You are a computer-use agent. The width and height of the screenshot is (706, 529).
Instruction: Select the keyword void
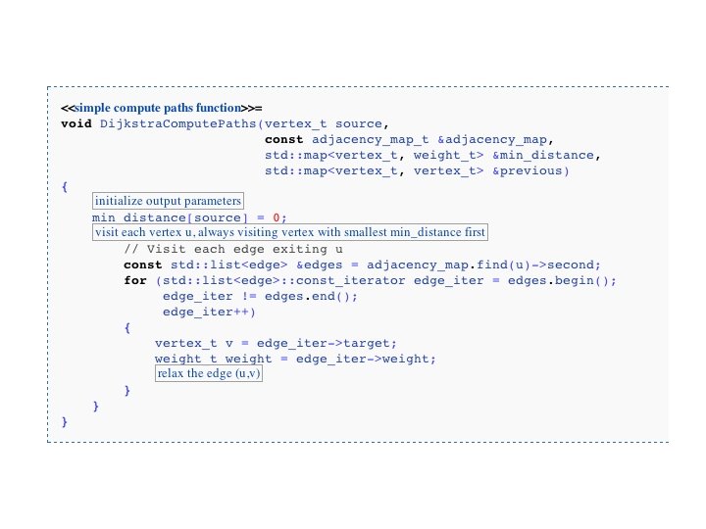click(76, 124)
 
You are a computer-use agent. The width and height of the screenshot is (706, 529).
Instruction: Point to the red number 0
click(277, 217)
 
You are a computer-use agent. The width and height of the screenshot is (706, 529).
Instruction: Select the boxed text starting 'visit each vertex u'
click(290, 233)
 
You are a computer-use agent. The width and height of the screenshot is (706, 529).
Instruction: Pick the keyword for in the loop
click(135, 280)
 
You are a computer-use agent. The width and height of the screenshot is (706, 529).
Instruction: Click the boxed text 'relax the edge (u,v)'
click(210, 374)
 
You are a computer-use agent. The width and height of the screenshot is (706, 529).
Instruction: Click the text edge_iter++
click(210, 312)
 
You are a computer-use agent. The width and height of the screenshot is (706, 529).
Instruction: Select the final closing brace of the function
click(65, 421)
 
